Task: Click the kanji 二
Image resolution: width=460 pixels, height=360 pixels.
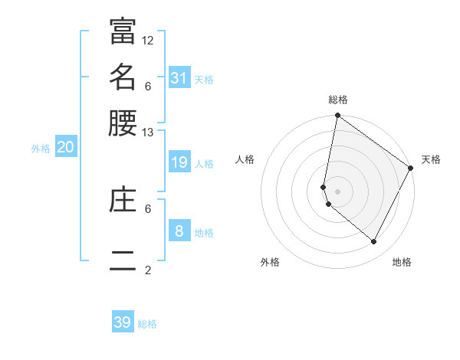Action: (x=123, y=260)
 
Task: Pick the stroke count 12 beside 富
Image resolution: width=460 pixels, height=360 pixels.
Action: (x=148, y=39)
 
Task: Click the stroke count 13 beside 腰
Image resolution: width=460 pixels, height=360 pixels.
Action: (x=148, y=133)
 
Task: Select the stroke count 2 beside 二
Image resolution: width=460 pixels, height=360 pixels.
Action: (x=148, y=270)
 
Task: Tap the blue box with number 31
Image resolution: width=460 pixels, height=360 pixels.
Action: (x=179, y=77)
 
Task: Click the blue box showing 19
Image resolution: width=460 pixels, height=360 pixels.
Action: (x=179, y=162)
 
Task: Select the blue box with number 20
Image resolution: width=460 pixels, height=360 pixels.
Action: (x=65, y=147)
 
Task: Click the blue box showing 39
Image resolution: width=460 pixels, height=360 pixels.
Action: (x=123, y=322)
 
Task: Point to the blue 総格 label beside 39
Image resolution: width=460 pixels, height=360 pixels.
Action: (x=147, y=324)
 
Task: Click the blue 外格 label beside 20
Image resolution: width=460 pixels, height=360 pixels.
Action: (x=41, y=149)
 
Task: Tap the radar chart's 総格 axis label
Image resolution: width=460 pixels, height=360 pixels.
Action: (x=337, y=100)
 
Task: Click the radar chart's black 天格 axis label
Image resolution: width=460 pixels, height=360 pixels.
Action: (x=431, y=159)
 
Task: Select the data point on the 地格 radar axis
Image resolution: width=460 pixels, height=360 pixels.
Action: (x=374, y=242)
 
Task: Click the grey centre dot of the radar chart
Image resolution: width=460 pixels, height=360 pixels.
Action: (x=337, y=191)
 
